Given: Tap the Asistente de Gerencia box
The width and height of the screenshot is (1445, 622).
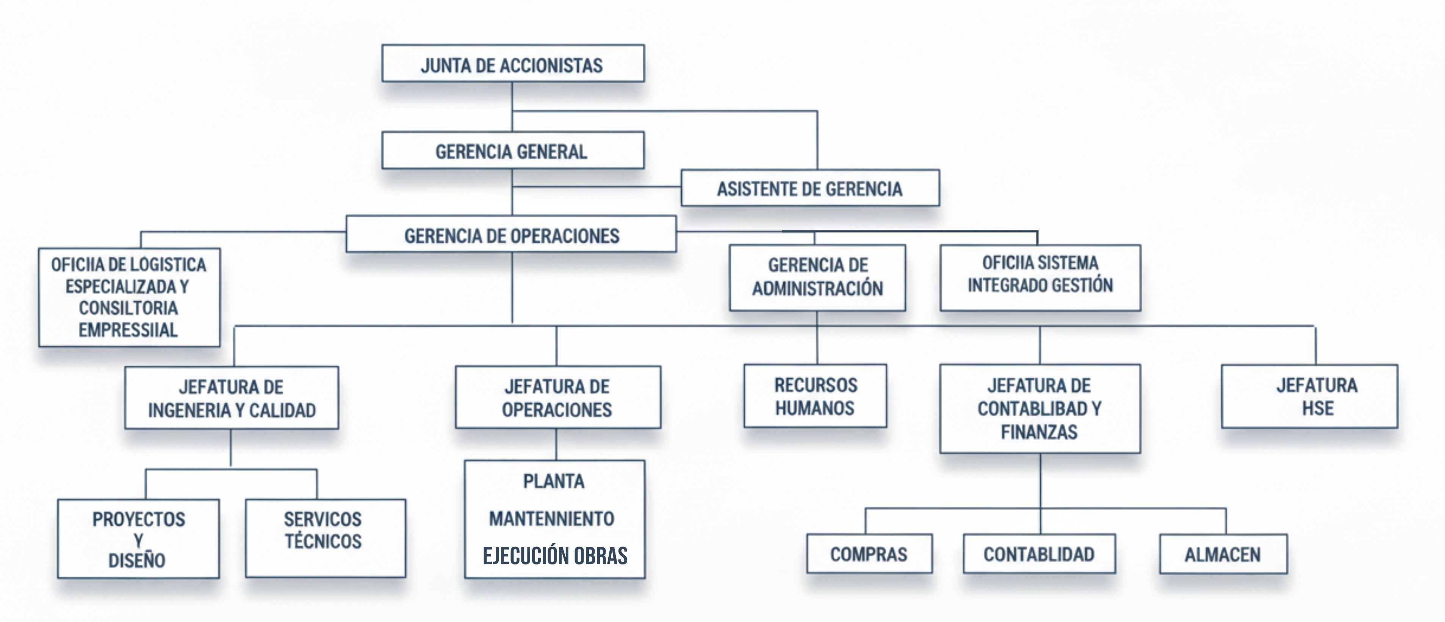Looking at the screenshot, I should pyautogui.click(x=809, y=188).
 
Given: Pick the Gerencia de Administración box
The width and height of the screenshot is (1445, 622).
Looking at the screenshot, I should pyautogui.click(x=817, y=277).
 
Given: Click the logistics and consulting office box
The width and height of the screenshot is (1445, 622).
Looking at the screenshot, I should pyautogui.click(x=129, y=297).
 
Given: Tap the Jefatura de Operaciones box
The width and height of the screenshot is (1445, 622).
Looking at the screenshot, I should pyautogui.click(x=557, y=398).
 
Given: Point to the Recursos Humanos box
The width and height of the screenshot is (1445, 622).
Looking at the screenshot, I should pyautogui.click(x=815, y=396).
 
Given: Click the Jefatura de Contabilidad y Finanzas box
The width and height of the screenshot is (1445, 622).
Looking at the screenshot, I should pyautogui.click(x=1040, y=408).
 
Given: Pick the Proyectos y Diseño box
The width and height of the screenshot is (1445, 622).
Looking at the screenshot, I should pyautogui.click(x=138, y=539).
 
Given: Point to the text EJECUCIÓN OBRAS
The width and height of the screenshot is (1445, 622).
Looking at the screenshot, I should pyautogui.click(x=555, y=555).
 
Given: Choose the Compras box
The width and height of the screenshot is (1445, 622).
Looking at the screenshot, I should pyautogui.click(x=869, y=553).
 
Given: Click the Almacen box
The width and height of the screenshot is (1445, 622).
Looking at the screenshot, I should pyautogui.click(x=1223, y=554).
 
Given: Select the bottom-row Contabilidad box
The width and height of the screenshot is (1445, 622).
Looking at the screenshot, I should pyautogui.click(x=1039, y=553).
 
